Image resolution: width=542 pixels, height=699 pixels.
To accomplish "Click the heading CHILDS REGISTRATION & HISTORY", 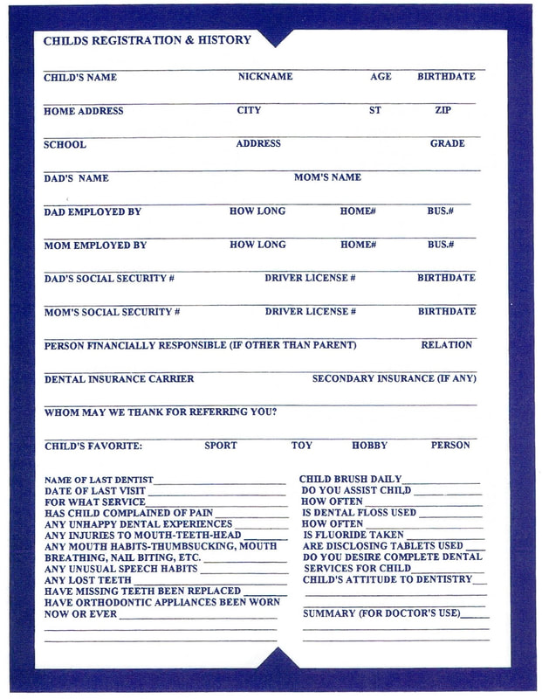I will [x=147, y=40].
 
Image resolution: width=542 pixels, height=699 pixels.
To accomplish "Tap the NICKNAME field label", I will [x=265, y=77].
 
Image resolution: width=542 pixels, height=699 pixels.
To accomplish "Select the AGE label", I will [x=381, y=77].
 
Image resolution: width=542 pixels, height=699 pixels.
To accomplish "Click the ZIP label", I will [x=443, y=111].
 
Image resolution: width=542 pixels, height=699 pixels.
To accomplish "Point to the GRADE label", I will [x=447, y=143].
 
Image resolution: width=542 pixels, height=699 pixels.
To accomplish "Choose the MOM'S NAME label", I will [x=327, y=177].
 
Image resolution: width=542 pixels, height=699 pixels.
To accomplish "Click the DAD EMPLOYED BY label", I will [x=93, y=211].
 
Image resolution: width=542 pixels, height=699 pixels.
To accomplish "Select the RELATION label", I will [x=446, y=345].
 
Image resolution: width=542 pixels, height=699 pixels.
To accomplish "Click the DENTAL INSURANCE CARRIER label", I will [x=119, y=379].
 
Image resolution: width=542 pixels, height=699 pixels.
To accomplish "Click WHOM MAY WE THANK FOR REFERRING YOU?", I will [x=161, y=412].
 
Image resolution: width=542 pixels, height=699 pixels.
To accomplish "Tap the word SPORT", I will [x=220, y=446].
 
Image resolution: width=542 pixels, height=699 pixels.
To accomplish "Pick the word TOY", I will [x=301, y=446].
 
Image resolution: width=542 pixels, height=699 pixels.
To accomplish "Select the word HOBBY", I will [x=369, y=446].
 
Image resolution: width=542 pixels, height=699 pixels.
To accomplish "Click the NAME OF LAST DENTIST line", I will [x=99, y=480].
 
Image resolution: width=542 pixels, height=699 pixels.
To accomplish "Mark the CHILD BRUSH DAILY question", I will [x=350, y=479].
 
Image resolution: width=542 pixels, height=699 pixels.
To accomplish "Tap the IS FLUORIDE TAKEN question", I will [x=353, y=535].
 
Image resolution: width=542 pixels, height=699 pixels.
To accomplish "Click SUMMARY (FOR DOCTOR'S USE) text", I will [x=381, y=613].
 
